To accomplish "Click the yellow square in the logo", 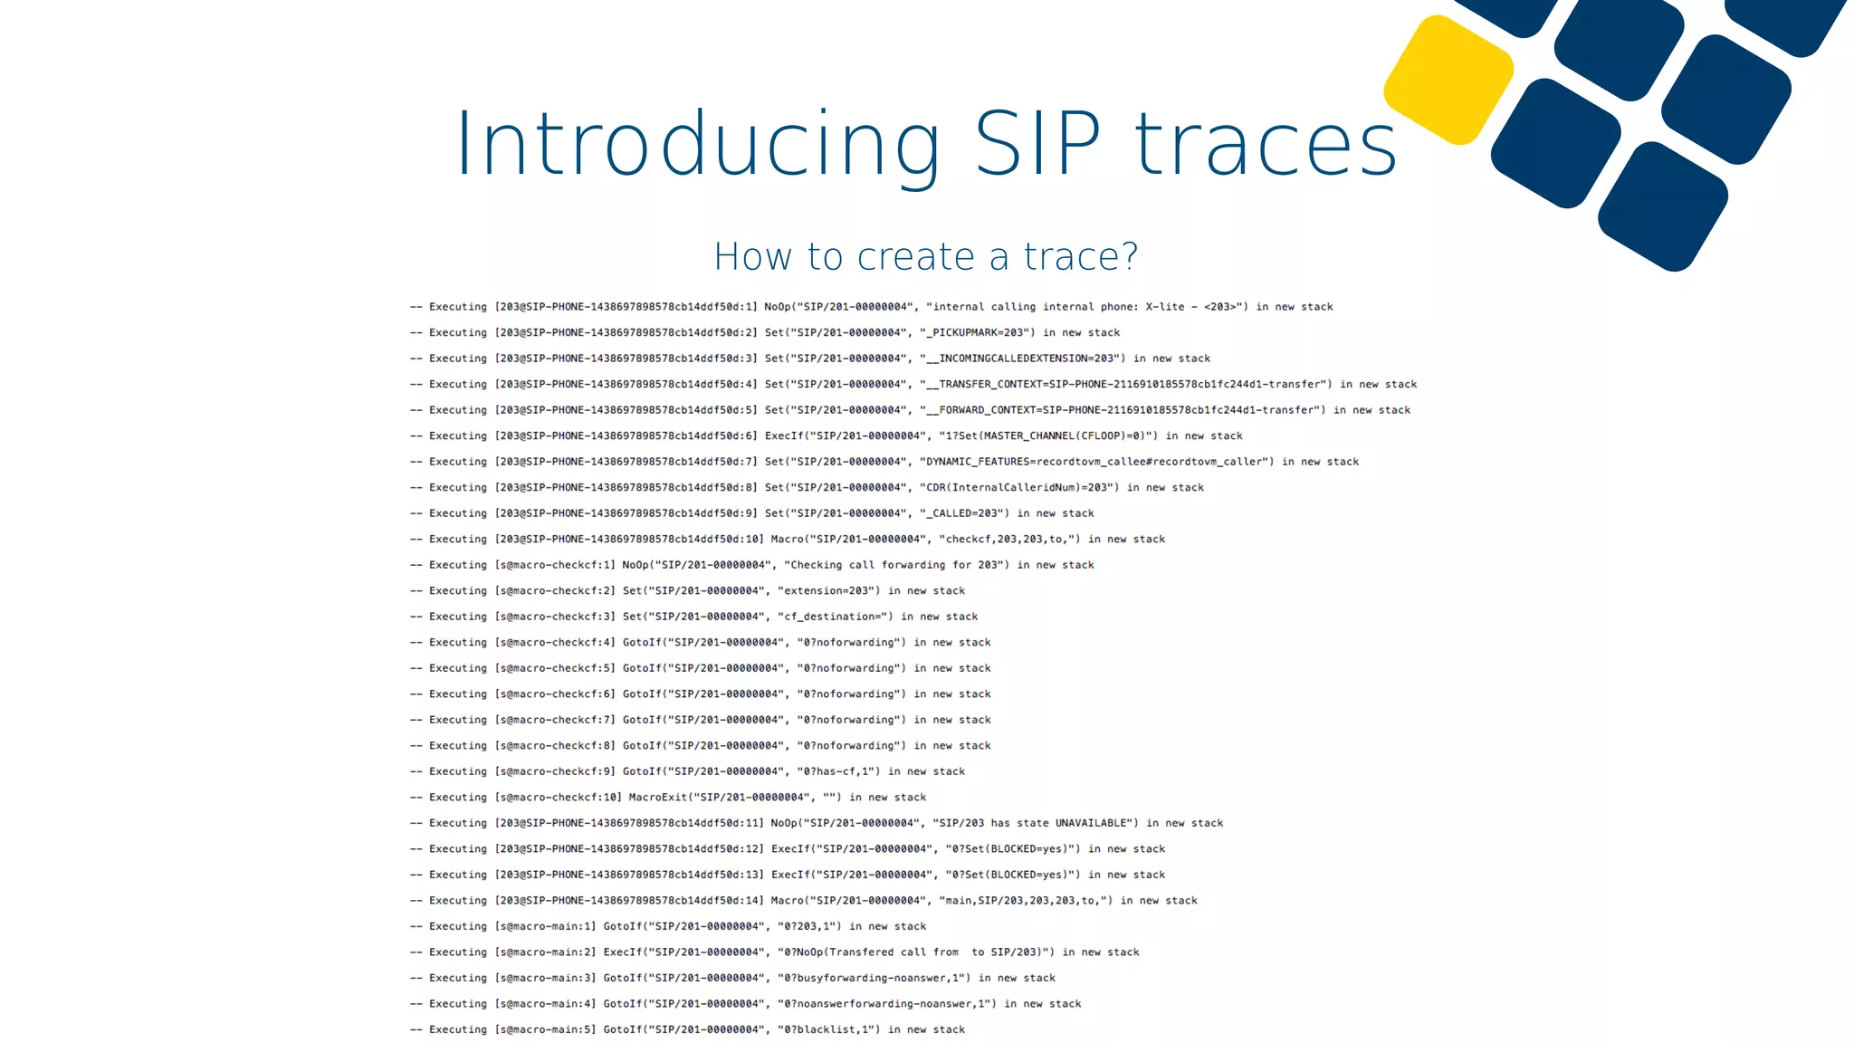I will (1448, 80).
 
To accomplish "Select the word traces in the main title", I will (1266, 145).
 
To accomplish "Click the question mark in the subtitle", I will (1129, 256).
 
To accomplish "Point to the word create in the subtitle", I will (916, 256).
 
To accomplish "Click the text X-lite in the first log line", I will (1164, 307).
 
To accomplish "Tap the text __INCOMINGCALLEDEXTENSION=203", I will (1022, 359).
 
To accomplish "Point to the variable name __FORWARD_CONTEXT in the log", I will (980, 410).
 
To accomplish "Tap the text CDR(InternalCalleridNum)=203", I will (1018, 488).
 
